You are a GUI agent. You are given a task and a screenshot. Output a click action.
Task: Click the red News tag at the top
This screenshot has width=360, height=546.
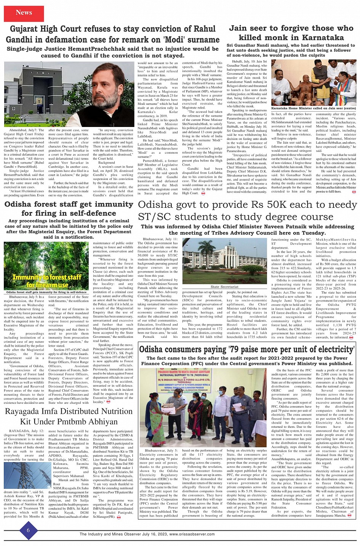click(x=24, y=13)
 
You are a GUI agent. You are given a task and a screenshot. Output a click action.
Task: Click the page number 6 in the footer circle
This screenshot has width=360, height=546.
click(x=28, y=530)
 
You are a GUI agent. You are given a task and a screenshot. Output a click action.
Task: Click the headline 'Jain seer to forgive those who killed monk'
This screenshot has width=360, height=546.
click(x=291, y=33)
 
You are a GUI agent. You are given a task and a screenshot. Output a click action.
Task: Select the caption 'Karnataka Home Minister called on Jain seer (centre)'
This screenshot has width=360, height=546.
click(x=314, y=108)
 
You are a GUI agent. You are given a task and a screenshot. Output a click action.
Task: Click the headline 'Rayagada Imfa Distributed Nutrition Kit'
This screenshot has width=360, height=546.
click(x=69, y=416)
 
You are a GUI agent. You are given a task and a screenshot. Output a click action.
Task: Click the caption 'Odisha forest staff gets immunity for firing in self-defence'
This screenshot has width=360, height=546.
click(x=46, y=292)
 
